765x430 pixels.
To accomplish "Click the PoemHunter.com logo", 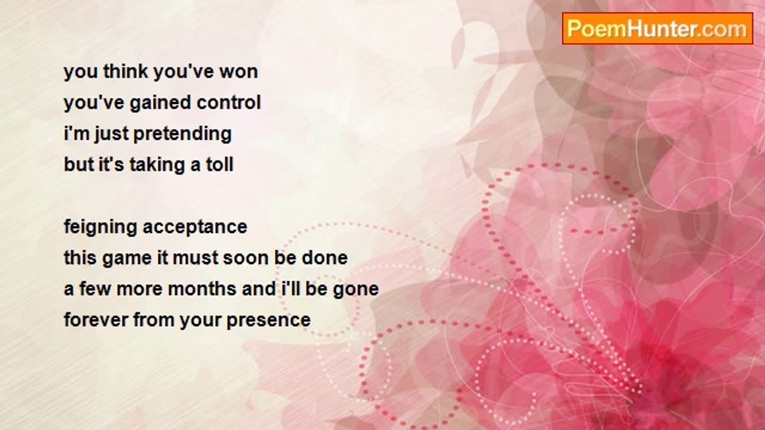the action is pyautogui.click(x=657, y=29).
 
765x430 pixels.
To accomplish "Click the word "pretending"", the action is pyautogui.click(x=182, y=134).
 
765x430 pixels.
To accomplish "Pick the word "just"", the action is pyautogui.click(x=111, y=134).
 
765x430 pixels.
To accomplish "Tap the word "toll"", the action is pyautogui.click(x=219, y=165).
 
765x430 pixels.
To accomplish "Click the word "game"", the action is pyautogui.click(x=127, y=259).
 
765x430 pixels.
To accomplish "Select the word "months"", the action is pyautogui.click(x=202, y=289).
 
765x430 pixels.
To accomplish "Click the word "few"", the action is pyautogui.click(x=95, y=289).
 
